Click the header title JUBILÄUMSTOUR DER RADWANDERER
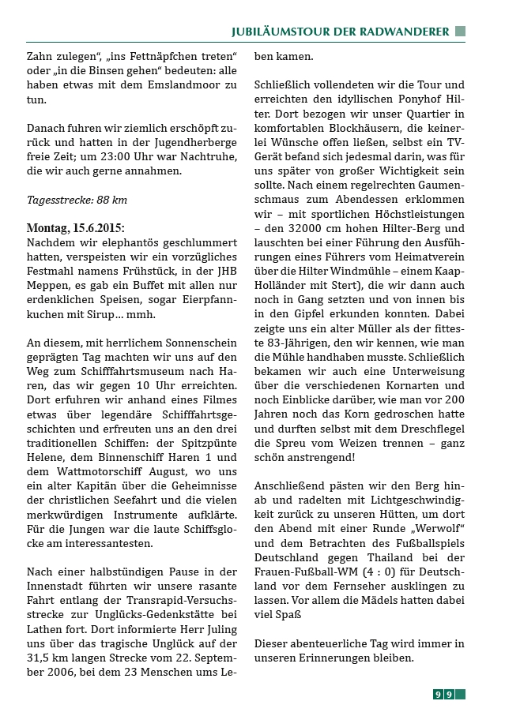[x=340, y=32]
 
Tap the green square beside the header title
[x=460, y=32]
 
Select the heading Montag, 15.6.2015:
[x=76, y=227]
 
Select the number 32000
[x=316, y=229]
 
